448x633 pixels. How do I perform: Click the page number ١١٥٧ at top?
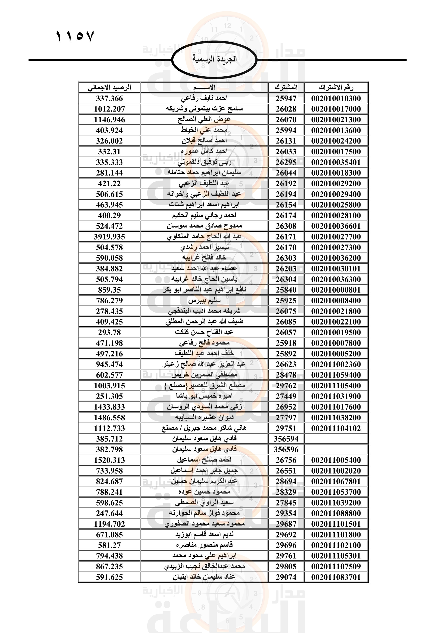[x=75, y=36]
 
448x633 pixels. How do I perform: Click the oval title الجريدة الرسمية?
[x=214, y=59]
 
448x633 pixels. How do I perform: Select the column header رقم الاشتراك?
[x=336, y=88]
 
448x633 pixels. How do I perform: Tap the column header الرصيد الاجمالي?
[x=109, y=88]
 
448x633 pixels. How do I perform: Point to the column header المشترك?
[x=286, y=88]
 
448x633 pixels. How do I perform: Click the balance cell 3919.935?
[x=109, y=237]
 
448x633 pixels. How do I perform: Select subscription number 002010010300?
[x=336, y=99]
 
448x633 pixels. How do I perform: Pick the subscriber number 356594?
[x=286, y=439]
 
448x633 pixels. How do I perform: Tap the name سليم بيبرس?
[x=204, y=300]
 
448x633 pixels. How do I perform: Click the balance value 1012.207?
[x=109, y=109]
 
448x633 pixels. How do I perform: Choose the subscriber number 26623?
[x=286, y=365]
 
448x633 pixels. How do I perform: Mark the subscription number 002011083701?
[x=336, y=577]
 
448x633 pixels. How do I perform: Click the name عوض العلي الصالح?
[x=204, y=120]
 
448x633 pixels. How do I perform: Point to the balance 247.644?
[x=109, y=513]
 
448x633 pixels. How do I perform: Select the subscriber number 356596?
[x=286, y=450]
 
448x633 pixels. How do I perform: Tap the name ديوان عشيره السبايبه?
[x=204, y=418]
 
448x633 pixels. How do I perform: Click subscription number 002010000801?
[x=336, y=290]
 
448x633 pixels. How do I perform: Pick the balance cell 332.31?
[x=109, y=152]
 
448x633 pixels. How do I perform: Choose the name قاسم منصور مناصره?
[x=204, y=545]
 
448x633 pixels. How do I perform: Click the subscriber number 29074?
[x=286, y=577]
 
